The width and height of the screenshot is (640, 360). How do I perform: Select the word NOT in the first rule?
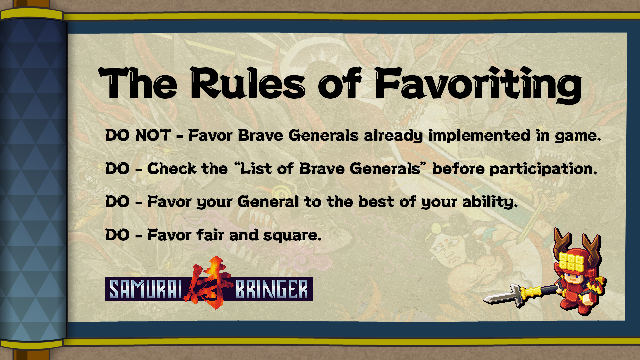point(153,135)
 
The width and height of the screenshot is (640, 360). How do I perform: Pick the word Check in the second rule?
point(172,168)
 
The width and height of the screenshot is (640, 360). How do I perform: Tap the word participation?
point(543,169)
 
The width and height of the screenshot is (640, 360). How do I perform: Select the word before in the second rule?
point(458,168)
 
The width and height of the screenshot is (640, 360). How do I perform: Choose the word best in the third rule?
point(376,202)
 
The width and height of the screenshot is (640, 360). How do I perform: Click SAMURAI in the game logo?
point(146,289)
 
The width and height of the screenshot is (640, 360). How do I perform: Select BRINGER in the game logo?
point(272,289)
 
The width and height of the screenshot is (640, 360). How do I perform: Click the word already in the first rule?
point(393,136)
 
